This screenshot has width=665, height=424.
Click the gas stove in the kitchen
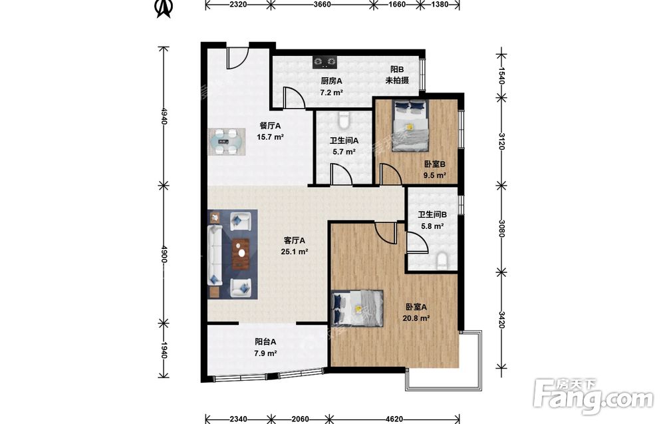pyautogui.click(x=325, y=63)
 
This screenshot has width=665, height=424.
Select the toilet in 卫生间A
pyautogui.click(x=344, y=120)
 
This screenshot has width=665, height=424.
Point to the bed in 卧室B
pyautogui.click(x=410, y=126)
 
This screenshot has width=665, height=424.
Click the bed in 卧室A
pyautogui.click(x=358, y=309)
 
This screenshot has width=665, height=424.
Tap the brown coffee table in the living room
pyautogui.click(x=241, y=254)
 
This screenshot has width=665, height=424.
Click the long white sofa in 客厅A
pyautogui.click(x=215, y=255)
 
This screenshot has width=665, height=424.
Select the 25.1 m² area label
pyautogui.click(x=295, y=251)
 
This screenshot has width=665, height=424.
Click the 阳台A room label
pyautogui.click(x=265, y=341)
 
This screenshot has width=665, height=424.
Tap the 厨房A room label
pyautogui.click(x=331, y=81)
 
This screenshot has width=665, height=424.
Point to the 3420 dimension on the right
pyautogui.click(x=501, y=320)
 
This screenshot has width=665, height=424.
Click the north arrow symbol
pyautogui.click(x=164, y=9)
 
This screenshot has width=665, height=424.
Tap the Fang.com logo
pyautogui.click(x=593, y=396)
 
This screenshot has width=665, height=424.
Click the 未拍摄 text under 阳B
pyautogui.click(x=397, y=81)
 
